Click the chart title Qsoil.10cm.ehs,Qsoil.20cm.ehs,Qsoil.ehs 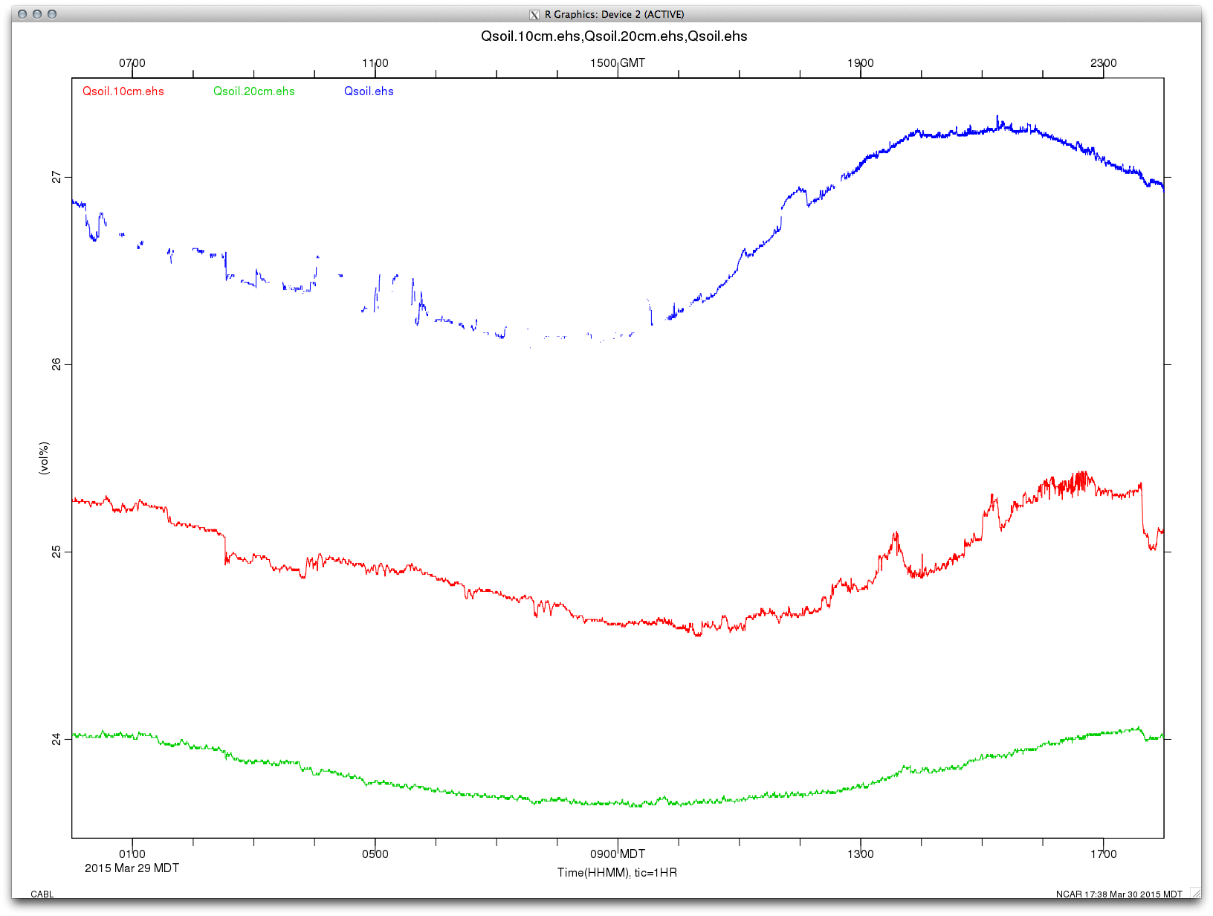(x=614, y=36)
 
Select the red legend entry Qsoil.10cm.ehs (x=123, y=91)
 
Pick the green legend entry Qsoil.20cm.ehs (x=254, y=91)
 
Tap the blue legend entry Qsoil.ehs (x=369, y=91)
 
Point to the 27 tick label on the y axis (x=56, y=177)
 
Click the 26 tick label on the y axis (x=56, y=364)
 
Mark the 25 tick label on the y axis (x=56, y=552)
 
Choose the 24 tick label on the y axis (x=56, y=739)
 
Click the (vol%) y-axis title (x=45, y=458)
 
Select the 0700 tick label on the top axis (x=132, y=63)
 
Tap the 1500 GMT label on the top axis (x=618, y=63)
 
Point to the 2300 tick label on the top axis (x=1104, y=63)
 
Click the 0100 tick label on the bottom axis (x=132, y=854)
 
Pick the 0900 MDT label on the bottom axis (x=618, y=854)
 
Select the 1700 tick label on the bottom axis (x=1104, y=854)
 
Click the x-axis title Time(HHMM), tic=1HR (x=617, y=872)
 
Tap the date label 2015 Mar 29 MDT (x=132, y=868)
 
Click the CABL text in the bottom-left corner (x=42, y=894)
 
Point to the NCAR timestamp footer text (x=1119, y=894)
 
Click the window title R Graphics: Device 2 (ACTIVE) (x=614, y=14)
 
